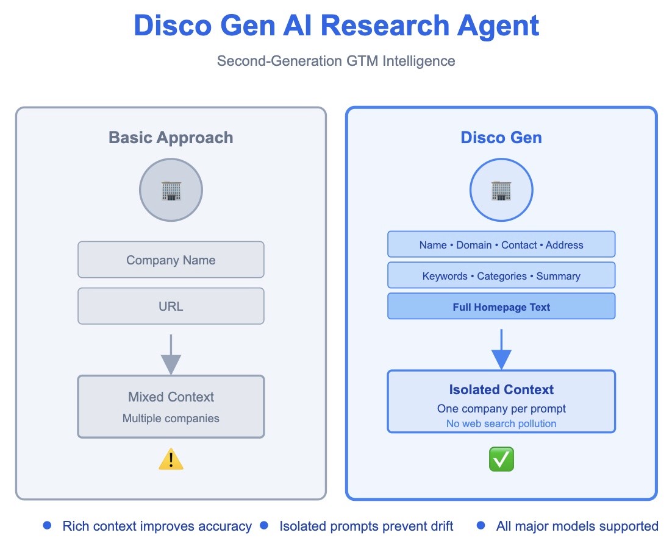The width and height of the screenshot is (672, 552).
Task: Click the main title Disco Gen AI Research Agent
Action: click(x=336, y=26)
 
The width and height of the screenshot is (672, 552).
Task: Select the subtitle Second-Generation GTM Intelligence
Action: click(x=336, y=61)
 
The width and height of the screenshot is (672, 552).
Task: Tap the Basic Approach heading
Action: click(x=171, y=138)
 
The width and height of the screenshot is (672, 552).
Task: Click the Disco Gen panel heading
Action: click(x=501, y=138)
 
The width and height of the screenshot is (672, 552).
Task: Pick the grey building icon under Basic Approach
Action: click(x=171, y=191)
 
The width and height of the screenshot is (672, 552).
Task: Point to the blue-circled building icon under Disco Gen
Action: click(x=501, y=191)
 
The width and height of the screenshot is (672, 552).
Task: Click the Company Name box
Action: click(x=171, y=260)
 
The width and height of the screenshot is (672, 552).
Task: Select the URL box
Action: click(x=171, y=306)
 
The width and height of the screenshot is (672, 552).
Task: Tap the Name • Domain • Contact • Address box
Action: click(x=501, y=245)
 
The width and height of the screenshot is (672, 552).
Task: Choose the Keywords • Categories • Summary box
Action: click(x=501, y=276)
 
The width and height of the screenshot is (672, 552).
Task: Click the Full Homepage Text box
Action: click(x=501, y=307)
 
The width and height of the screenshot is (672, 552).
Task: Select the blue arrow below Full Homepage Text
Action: click(x=501, y=350)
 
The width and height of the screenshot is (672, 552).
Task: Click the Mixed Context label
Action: click(x=171, y=397)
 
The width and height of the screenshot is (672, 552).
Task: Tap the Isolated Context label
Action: click(x=501, y=390)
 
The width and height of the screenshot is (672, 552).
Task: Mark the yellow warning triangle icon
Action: click(x=171, y=459)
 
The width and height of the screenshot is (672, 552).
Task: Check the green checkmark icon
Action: click(x=501, y=459)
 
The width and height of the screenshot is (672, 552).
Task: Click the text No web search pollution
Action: click(x=501, y=423)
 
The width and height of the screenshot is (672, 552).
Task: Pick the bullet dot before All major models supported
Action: click(x=481, y=526)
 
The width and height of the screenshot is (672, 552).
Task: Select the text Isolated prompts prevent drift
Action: click(x=366, y=526)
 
